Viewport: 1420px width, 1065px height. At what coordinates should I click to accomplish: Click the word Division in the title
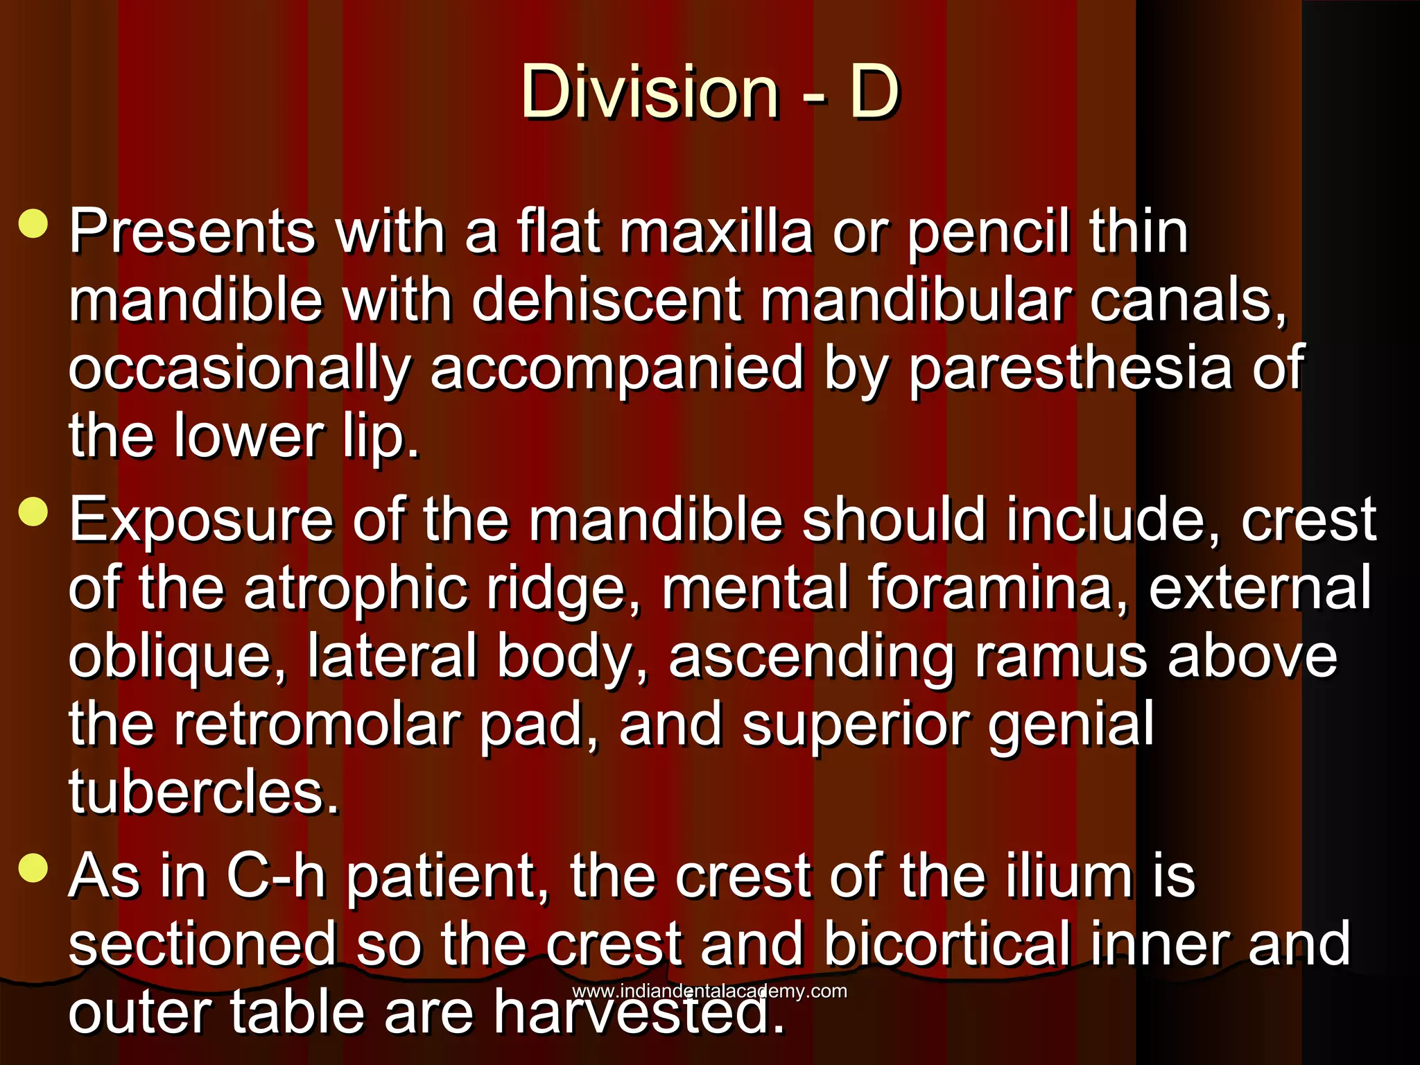650,92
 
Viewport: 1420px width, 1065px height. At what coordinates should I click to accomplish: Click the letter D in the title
874,92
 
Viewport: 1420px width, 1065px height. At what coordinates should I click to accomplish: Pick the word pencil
987,233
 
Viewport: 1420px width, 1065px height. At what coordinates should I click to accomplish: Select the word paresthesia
1070,369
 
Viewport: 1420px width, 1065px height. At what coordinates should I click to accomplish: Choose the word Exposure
202,520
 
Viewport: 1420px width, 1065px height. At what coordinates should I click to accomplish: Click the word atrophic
356,589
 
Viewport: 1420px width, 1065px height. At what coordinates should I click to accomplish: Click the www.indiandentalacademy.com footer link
709,991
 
